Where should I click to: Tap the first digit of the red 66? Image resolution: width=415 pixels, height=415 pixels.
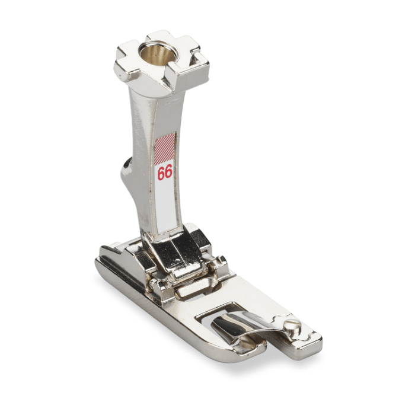tap(161, 174)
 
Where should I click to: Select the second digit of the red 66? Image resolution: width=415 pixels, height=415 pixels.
tap(168, 173)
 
